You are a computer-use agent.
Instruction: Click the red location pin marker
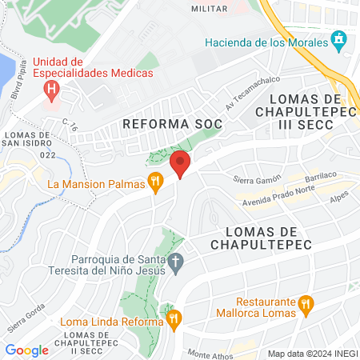pyautogui.click(x=181, y=164)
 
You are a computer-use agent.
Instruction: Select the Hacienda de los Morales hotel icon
pyautogui.click(x=339, y=38)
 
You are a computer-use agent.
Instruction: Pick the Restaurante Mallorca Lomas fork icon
pyautogui.click(x=305, y=304)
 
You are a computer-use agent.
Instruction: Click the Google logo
pyautogui.click(x=27, y=350)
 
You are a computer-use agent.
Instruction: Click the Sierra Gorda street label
pyautogui.click(x=25, y=320)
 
